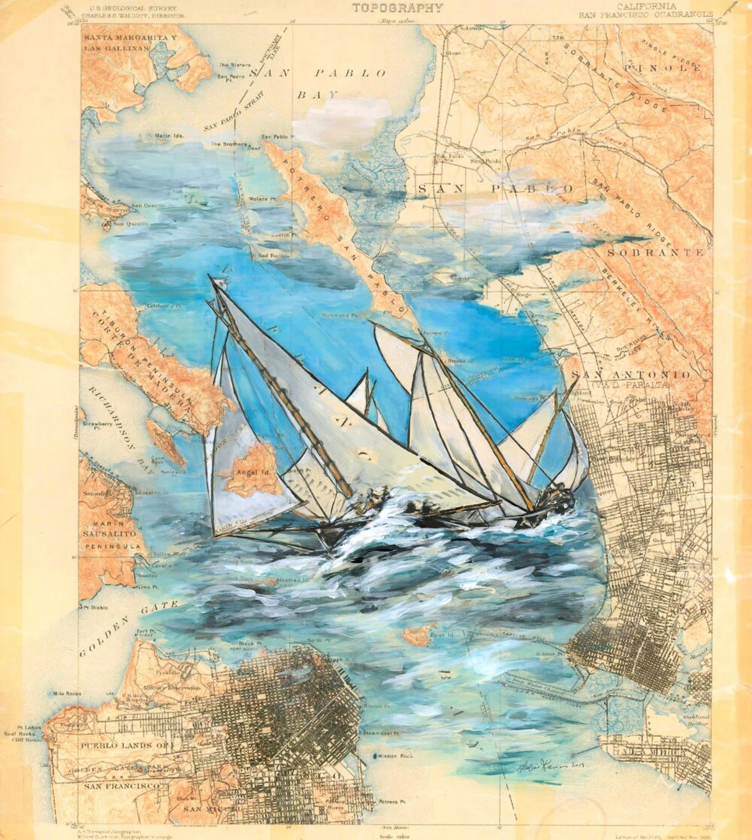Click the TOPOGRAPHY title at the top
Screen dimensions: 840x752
click(x=397, y=8)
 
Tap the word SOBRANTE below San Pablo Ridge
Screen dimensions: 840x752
click(x=655, y=252)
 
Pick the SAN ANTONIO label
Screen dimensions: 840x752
click(x=631, y=375)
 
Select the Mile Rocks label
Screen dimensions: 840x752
click(x=67, y=694)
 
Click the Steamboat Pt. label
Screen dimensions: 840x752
click(x=382, y=733)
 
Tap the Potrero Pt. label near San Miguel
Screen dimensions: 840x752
click(x=392, y=801)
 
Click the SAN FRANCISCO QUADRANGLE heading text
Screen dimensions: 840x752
click(x=645, y=15)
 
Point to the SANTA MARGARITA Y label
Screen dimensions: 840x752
click(x=131, y=38)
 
